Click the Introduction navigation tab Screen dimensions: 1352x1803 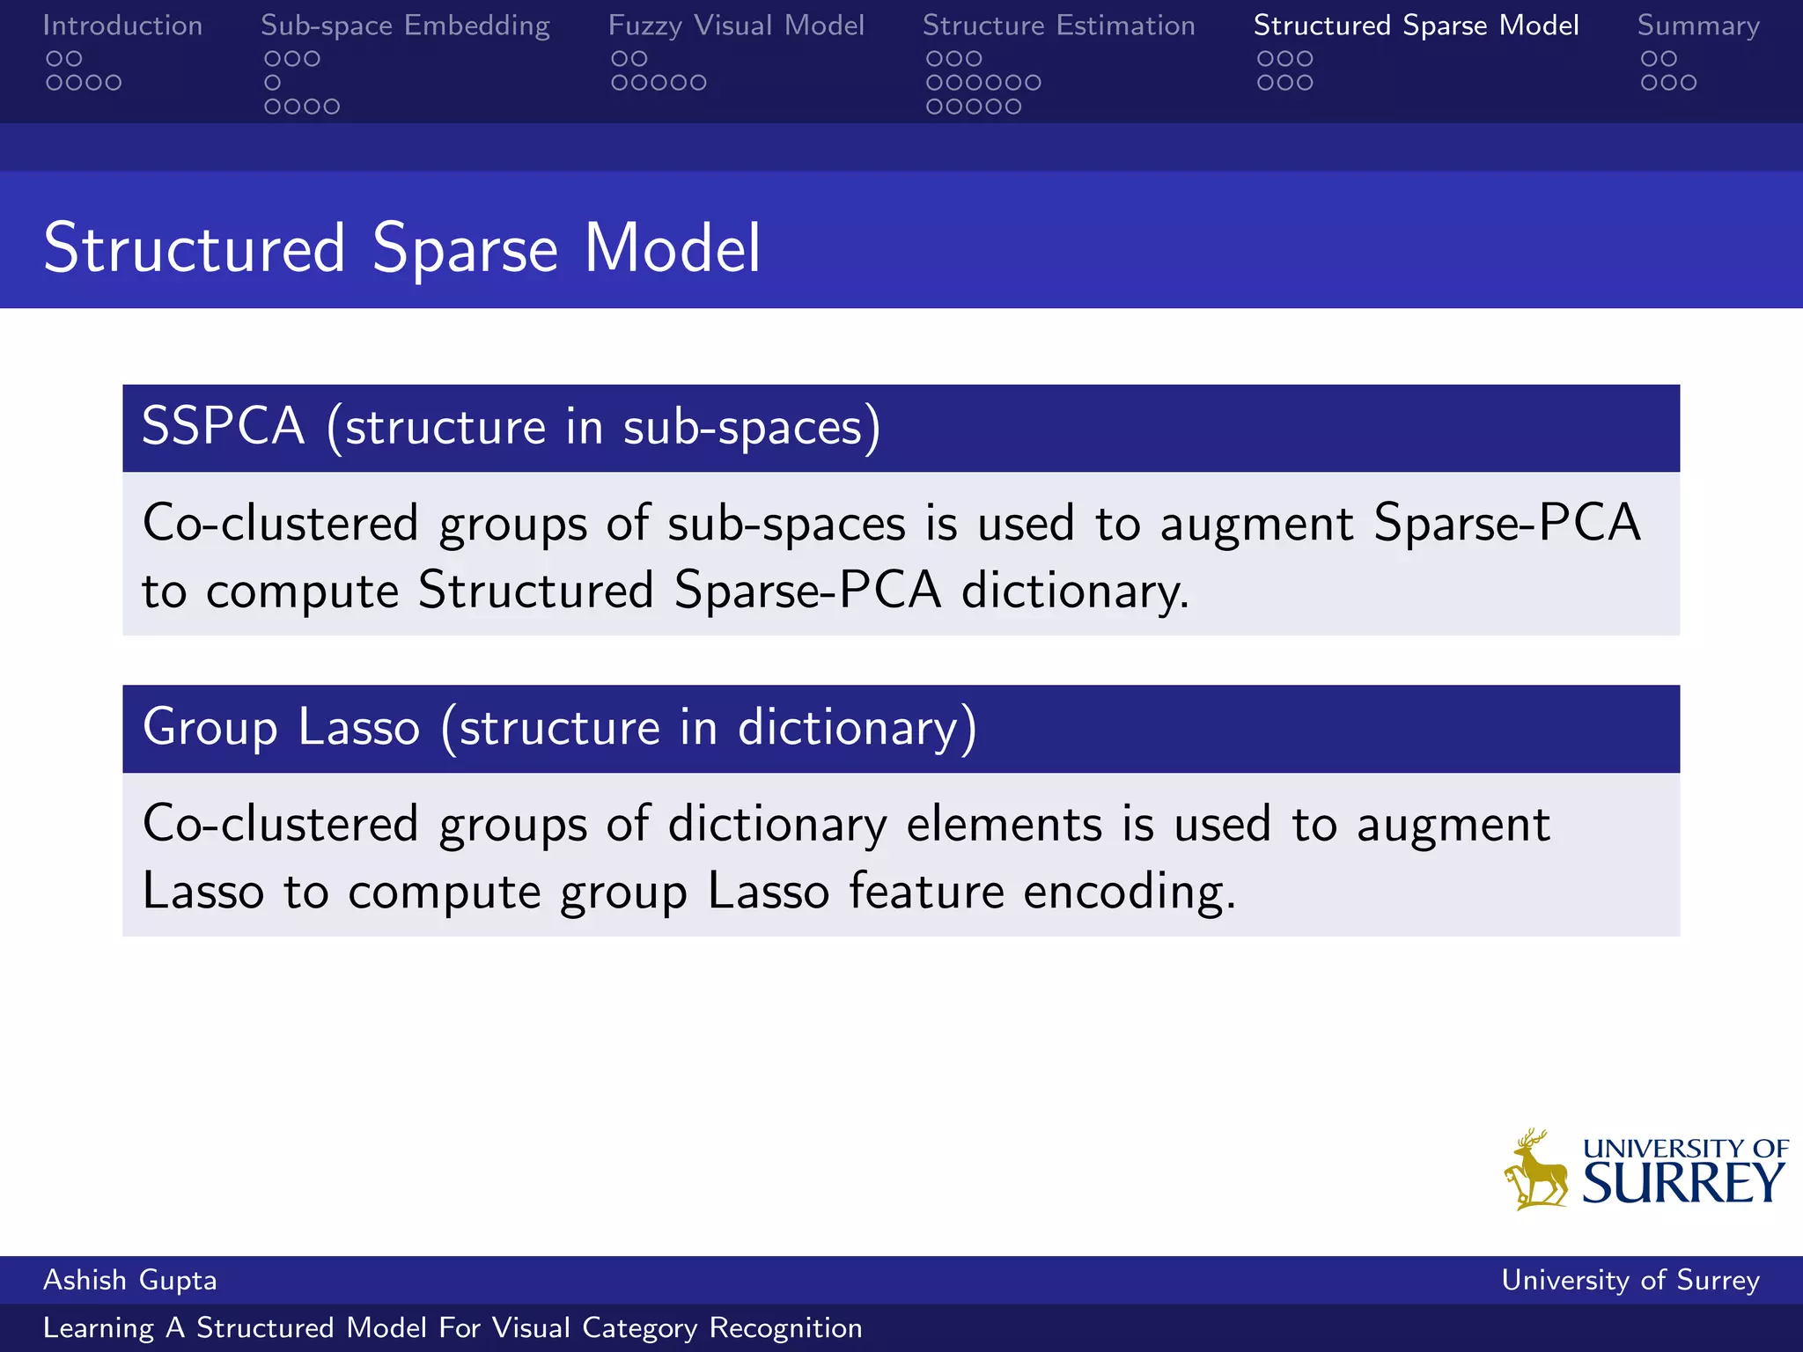tap(122, 26)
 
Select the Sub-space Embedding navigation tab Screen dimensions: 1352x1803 tap(405, 26)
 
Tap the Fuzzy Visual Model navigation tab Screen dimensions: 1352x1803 tap(736, 26)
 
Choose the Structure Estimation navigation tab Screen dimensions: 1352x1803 tap(1058, 26)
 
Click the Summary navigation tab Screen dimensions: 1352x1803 tap(1698, 26)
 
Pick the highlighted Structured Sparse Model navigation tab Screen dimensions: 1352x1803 tap(1416, 26)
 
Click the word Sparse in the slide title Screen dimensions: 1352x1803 tap(465, 249)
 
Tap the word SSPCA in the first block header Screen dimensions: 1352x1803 tap(223, 427)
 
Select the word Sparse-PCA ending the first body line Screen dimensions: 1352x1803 tap(1506, 523)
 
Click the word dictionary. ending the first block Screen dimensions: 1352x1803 tap(1074, 591)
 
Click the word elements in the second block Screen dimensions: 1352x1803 tap(1004, 825)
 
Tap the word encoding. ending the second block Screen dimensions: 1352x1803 tap(1130, 892)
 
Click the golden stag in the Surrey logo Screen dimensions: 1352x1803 tap(1536, 1172)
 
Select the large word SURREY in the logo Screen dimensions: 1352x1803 tap(1683, 1183)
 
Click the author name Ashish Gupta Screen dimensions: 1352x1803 tap(129, 1280)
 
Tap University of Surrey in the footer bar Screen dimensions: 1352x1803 tap(1630, 1280)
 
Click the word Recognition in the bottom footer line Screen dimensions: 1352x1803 tap(785, 1328)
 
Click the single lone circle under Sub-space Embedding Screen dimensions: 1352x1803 tap(273, 83)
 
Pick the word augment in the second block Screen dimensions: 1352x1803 tap(1453, 825)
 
